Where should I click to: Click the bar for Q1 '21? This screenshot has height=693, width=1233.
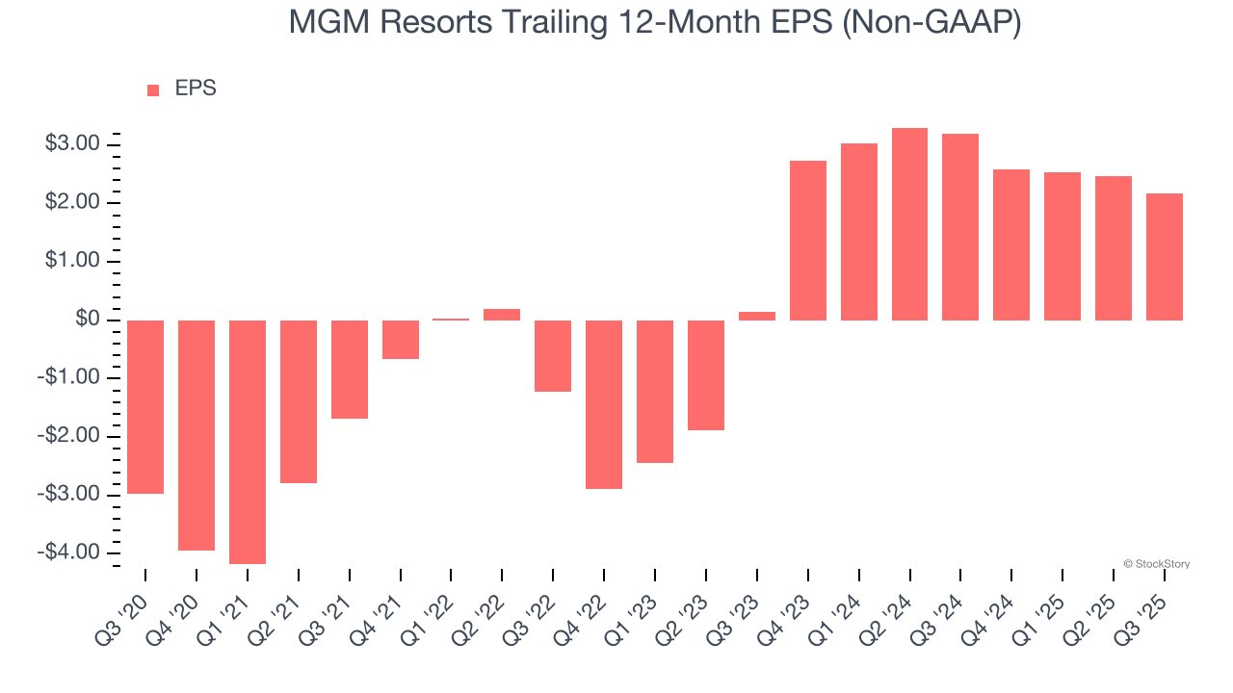[248, 442]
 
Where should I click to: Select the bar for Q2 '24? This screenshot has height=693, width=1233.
[910, 224]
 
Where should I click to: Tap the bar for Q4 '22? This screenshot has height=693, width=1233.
[604, 404]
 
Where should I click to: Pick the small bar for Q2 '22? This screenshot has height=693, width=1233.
[502, 315]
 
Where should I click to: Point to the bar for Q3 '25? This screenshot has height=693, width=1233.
[1165, 257]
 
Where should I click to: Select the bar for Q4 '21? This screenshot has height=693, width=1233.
[400, 340]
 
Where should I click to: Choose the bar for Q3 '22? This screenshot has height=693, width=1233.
[553, 356]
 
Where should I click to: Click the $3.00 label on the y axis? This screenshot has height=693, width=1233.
[72, 144]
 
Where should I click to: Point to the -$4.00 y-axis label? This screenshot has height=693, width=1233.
[69, 552]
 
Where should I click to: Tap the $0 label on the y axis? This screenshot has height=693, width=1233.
[88, 320]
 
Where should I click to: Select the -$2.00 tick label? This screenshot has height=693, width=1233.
[69, 436]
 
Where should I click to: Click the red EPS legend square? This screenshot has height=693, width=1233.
[153, 90]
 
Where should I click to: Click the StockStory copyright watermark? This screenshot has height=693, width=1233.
[1156, 564]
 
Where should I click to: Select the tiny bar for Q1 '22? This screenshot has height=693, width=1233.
[451, 320]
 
